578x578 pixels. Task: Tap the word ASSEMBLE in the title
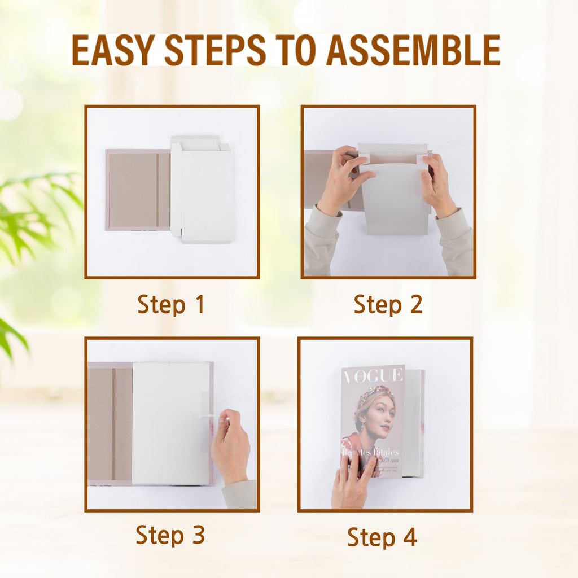click(x=413, y=50)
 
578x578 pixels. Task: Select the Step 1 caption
click(x=170, y=305)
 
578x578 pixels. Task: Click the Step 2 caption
click(x=388, y=305)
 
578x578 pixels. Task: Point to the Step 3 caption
click(x=170, y=535)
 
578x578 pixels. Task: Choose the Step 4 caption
click(x=382, y=537)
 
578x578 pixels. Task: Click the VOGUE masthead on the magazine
click(x=373, y=375)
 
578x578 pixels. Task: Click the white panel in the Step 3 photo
click(x=169, y=423)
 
